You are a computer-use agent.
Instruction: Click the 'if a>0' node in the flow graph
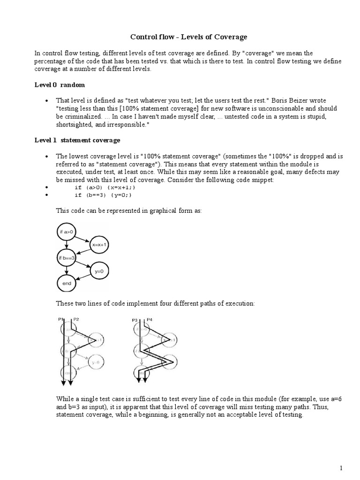click(67, 231)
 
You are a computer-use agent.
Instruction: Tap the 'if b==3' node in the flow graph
click(67, 257)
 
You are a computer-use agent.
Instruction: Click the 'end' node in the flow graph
click(67, 283)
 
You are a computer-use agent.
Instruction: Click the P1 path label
click(60, 319)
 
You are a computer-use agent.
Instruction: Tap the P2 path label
click(76, 319)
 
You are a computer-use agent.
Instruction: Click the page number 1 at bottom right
click(342, 468)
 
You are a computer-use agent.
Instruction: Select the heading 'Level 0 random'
click(60, 85)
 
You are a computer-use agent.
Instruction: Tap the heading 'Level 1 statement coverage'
click(77, 140)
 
